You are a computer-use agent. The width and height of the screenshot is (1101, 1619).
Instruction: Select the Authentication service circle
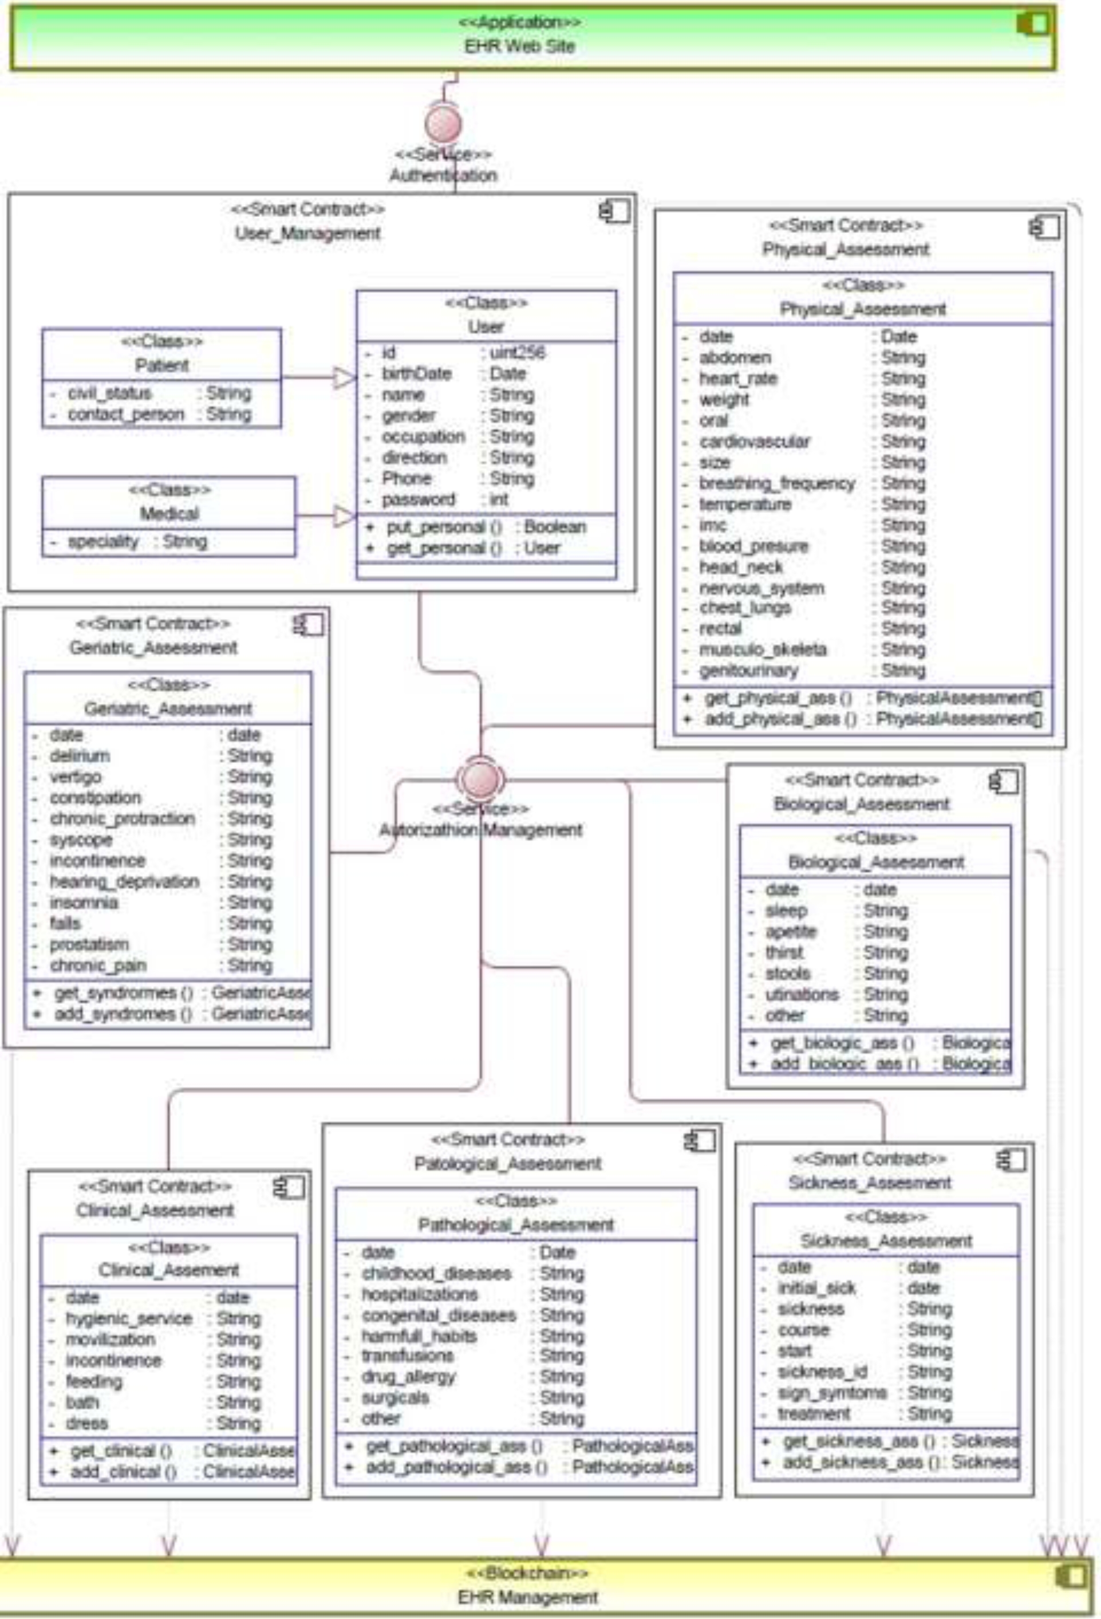443,124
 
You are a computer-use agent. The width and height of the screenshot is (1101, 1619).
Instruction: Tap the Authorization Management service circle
480,778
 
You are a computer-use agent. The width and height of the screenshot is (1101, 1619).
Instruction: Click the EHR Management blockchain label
527,1596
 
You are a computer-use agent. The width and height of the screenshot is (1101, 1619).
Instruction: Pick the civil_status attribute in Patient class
109,393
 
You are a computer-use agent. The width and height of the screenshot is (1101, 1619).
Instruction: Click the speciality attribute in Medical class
103,542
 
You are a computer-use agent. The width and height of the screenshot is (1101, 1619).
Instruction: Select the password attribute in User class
418,499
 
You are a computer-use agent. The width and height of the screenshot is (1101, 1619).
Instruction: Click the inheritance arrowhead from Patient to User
344,379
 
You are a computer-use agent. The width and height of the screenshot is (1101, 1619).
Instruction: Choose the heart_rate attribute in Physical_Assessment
737,379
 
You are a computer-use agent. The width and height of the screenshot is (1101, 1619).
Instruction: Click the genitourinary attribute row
749,671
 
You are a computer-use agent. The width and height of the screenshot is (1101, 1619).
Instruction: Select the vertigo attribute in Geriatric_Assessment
75,777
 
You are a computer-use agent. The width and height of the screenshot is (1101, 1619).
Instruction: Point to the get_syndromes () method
123,992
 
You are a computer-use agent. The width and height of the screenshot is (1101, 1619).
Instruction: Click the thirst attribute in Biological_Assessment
784,952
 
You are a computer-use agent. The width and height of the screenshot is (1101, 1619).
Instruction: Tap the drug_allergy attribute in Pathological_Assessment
408,1377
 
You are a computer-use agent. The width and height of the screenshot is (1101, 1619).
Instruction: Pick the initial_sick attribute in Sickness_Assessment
816,1288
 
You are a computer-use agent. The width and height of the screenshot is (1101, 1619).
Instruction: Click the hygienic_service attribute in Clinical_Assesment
129,1319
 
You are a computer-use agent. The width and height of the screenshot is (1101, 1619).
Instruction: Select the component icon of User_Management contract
614,211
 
